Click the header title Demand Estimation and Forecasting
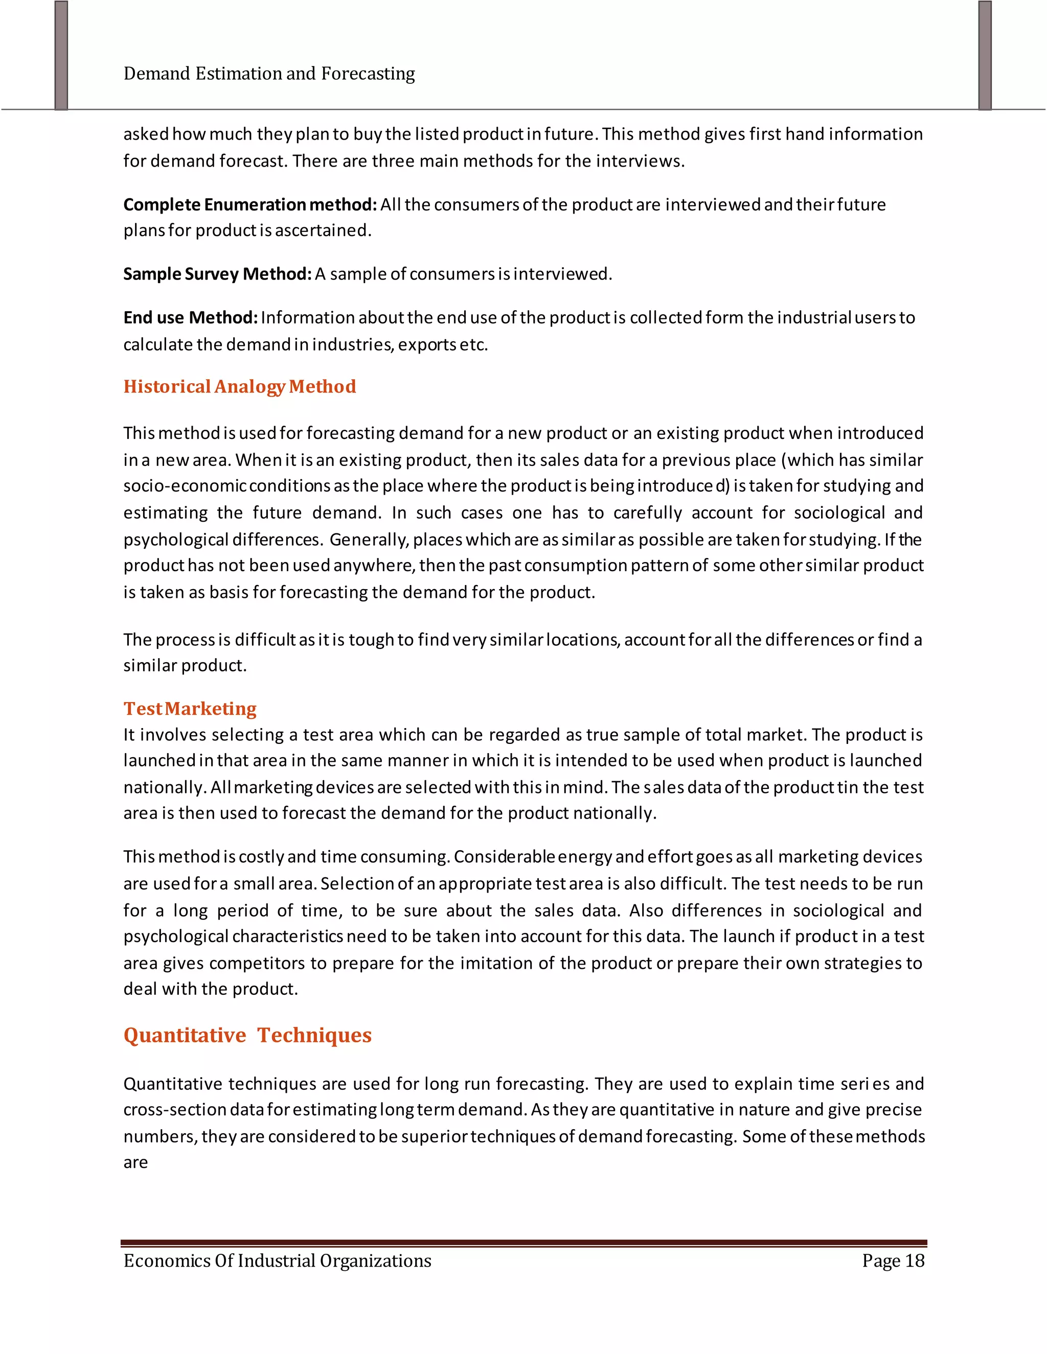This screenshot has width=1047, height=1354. pyautogui.click(x=269, y=74)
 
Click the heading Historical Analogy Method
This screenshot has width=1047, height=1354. pyautogui.click(x=239, y=387)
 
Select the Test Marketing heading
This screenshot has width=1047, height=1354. pyautogui.click(x=190, y=709)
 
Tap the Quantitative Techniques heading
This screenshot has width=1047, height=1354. pyautogui.click(x=247, y=1035)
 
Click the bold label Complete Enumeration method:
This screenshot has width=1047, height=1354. pyautogui.click(x=250, y=204)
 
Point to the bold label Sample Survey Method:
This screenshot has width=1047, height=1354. pyautogui.click(x=217, y=274)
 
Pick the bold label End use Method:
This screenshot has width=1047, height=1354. pyautogui.click(x=190, y=317)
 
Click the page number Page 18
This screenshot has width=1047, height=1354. pyautogui.click(x=893, y=1261)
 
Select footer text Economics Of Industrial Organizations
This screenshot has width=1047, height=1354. pyautogui.click(x=277, y=1261)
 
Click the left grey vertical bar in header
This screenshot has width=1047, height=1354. pyautogui.click(x=61, y=56)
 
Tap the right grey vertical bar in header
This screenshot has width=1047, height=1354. pyautogui.click(x=985, y=56)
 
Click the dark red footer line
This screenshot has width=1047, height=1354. pyautogui.click(x=523, y=1243)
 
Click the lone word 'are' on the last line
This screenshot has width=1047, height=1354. pyautogui.click(x=135, y=1162)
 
